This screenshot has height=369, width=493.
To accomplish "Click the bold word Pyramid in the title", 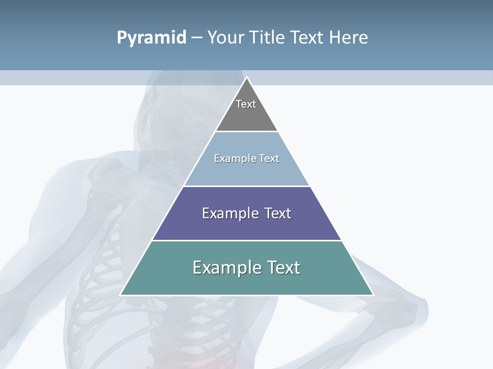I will point(151,37).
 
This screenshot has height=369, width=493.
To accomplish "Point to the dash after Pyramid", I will point(197,38).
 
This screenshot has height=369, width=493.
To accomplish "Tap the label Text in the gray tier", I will point(246,104).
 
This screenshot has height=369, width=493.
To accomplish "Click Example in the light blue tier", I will point(233,158).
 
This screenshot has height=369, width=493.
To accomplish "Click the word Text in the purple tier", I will point(274,213).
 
